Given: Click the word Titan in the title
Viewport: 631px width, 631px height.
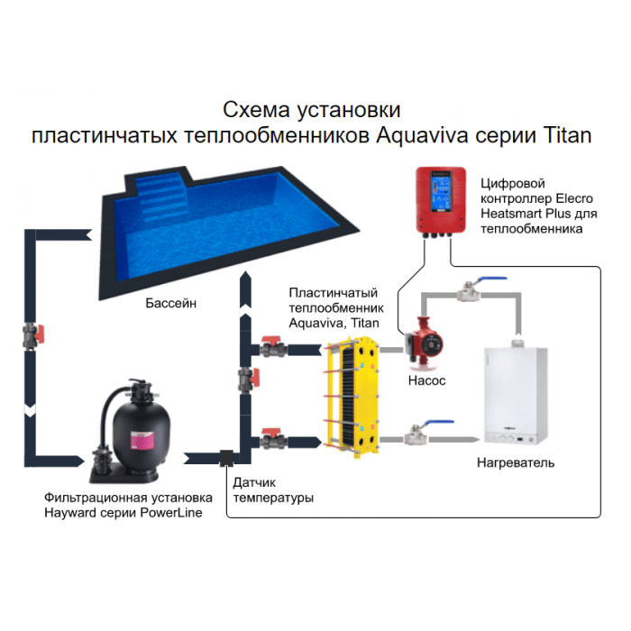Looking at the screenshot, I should coord(567,135).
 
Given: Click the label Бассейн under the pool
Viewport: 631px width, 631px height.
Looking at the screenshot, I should coord(170,304).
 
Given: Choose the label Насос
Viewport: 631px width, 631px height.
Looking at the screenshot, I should coord(427,381).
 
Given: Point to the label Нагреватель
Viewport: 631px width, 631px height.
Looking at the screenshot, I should coord(515,463).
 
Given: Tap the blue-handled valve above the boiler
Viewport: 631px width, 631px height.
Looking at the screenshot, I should coord(470,289).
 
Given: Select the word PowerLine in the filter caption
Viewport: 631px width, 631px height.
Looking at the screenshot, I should coord(171,513).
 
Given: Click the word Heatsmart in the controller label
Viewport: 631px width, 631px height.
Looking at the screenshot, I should coord(511,215).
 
